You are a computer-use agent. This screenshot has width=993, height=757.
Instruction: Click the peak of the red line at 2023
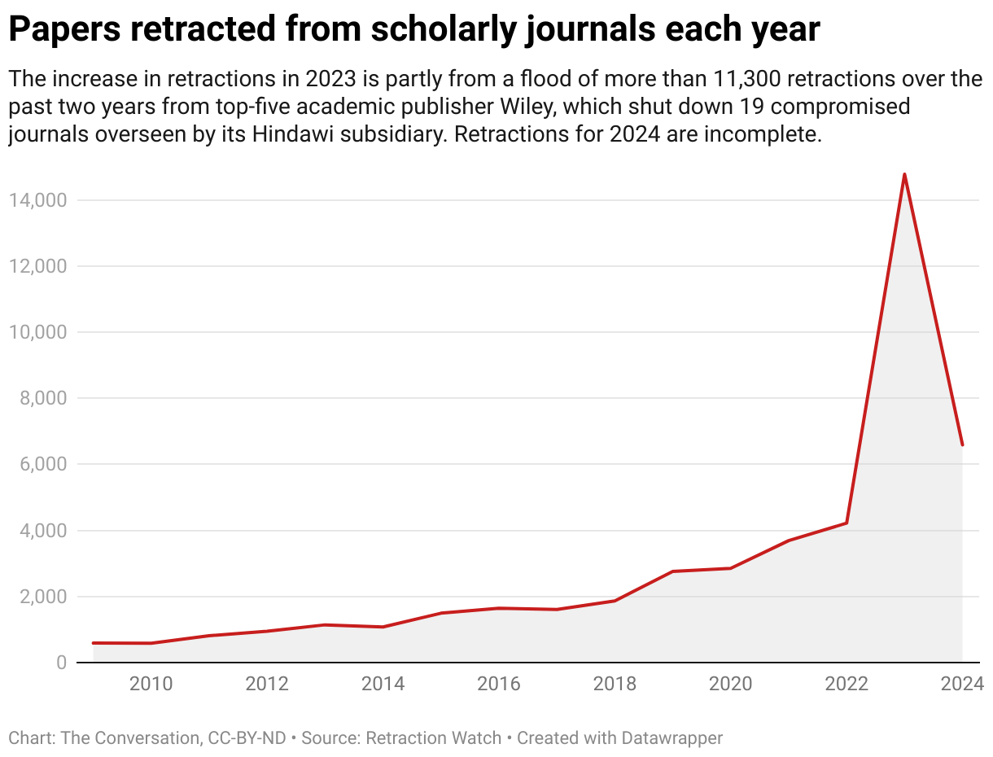click(904, 174)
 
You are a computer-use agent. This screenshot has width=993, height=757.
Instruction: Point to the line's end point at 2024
click(962, 444)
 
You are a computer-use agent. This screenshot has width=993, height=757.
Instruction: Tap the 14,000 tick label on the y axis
click(38, 200)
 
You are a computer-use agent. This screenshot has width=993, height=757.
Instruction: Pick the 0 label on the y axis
click(62, 663)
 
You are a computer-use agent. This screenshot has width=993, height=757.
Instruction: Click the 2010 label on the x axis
click(151, 684)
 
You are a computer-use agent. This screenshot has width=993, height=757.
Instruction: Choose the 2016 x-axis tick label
click(499, 684)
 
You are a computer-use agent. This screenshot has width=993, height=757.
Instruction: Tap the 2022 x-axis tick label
click(846, 684)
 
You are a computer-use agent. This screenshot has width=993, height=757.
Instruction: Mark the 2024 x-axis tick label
click(962, 684)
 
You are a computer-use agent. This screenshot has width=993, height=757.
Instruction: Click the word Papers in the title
click(63, 30)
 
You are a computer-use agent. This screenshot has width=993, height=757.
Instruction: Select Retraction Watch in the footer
click(433, 738)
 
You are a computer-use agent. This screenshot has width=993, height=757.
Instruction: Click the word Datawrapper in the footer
click(674, 738)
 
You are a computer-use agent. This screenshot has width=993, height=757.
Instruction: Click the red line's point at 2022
click(846, 523)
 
